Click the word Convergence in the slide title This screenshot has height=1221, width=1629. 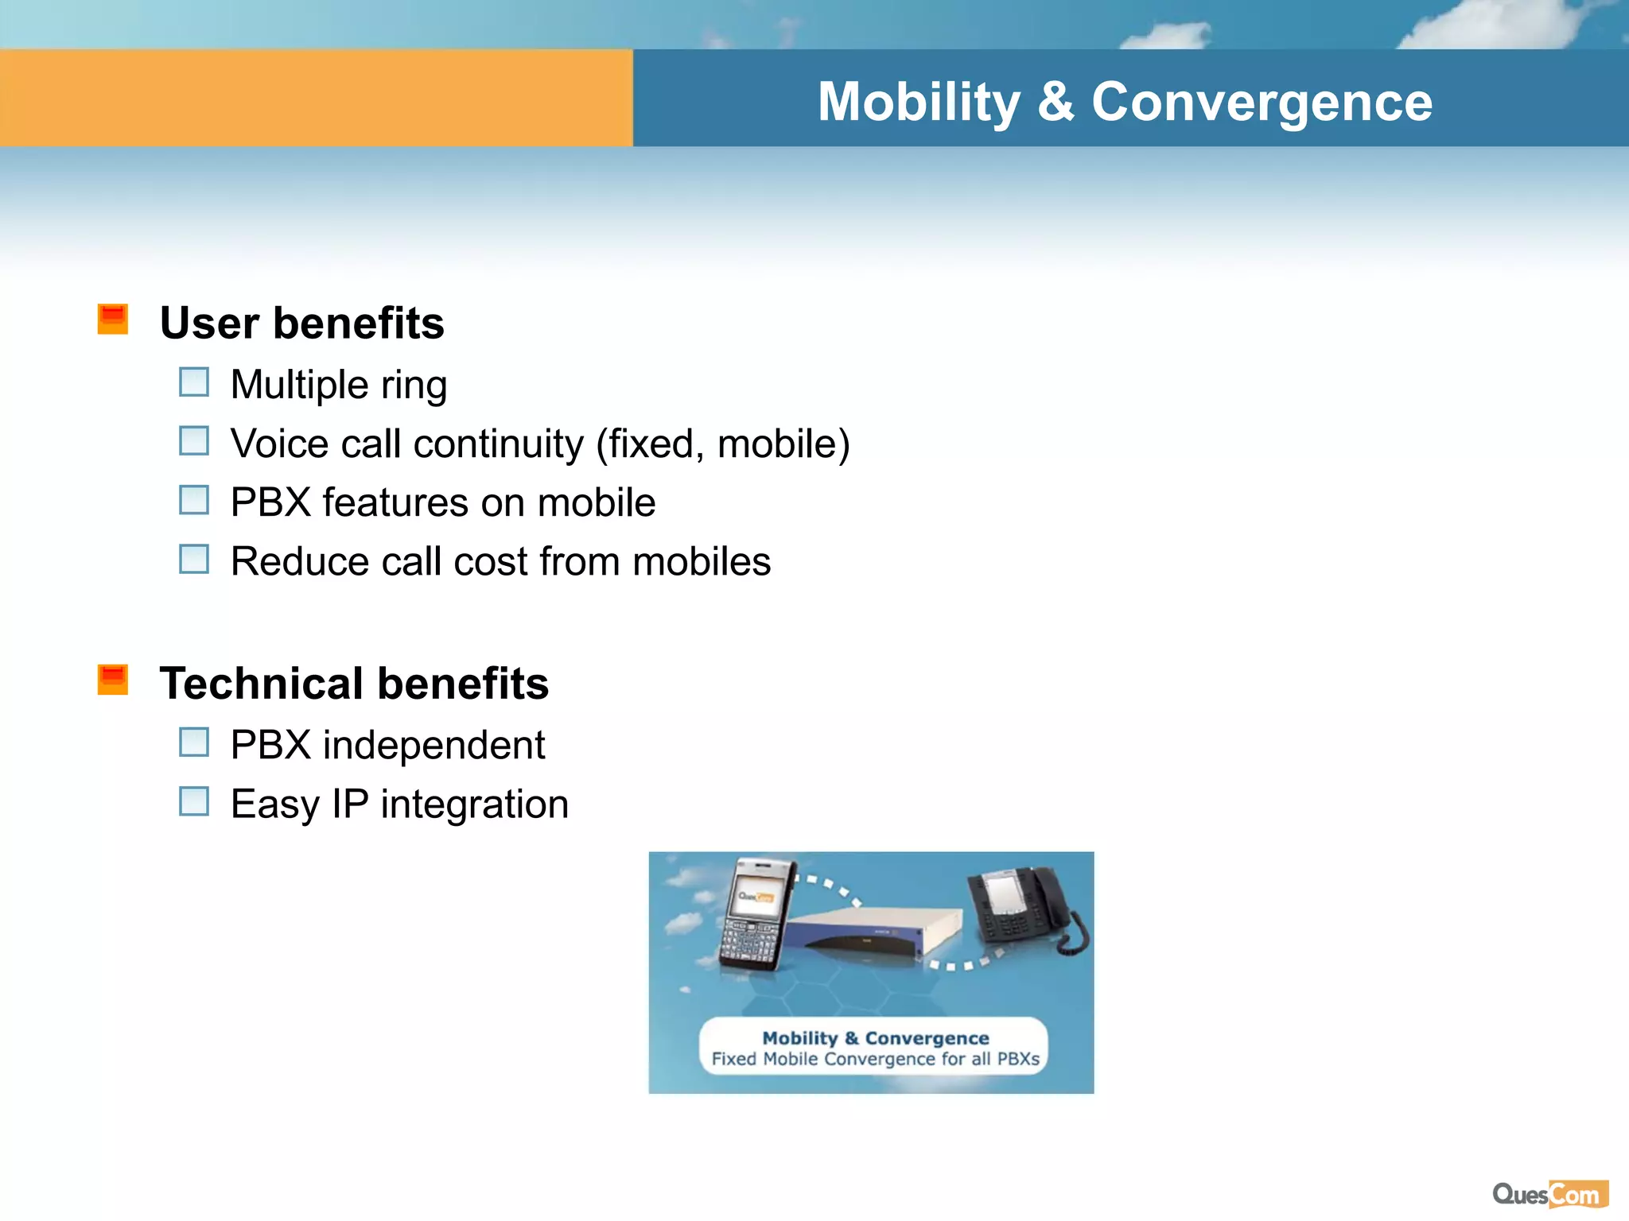[1262, 102]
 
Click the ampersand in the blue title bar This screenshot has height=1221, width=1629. [1056, 102]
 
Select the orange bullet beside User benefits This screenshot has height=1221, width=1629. [113, 319]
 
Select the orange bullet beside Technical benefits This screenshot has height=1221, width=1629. [113, 680]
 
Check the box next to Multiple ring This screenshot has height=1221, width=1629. [194, 382]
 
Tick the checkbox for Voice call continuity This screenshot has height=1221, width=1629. [194, 440]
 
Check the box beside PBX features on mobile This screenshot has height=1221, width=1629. [194, 500]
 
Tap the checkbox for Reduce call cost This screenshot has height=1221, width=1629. [194, 559]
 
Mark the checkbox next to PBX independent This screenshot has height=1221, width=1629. [194, 742]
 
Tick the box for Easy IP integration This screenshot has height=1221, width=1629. [194, 801]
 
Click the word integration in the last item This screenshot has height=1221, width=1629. [474, 804]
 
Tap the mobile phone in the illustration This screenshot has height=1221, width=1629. [756, 914]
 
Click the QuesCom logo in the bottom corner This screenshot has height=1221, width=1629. [1549, 1194]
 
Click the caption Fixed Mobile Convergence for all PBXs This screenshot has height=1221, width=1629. [875, 1059]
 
